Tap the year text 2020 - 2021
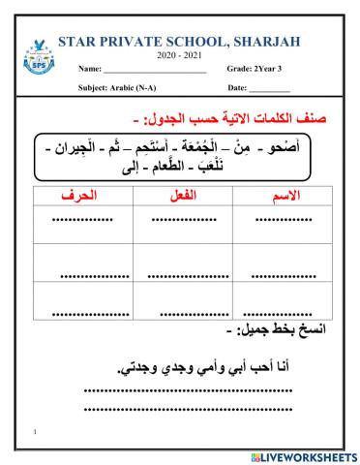coord(174,54)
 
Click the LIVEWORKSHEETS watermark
coord(303,455)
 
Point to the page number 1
coord(35,429)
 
